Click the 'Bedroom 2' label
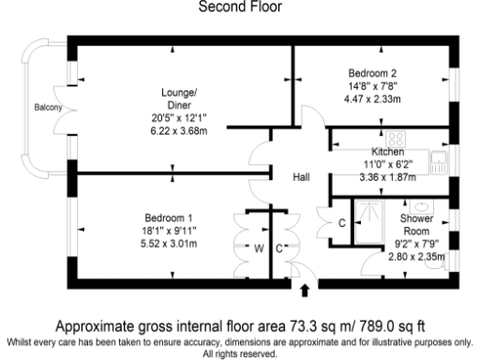pyautogui.click(x=373, y=73)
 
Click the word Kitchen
pyautogui.click(x=387, y=151)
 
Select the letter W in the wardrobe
pyautogui.click(x=259, y=247)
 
